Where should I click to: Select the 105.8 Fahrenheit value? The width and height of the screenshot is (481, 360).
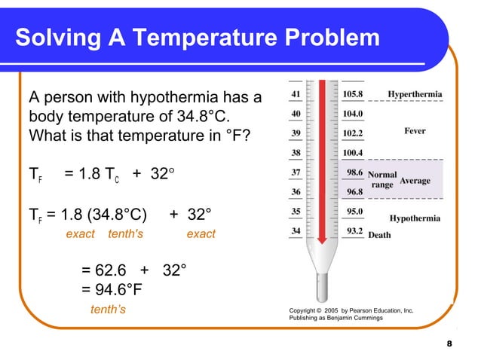pyautogui.click(x=352, y=95)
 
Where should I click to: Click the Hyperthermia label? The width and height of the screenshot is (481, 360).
pyautogui.click(x=415, y=95)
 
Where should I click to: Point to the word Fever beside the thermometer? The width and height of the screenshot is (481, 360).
pyautogui.click(x=415, y=130)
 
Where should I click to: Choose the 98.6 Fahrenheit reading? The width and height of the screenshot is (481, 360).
pyautogui.click(x=354, y=172)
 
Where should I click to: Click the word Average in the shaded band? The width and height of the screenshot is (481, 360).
pyautogui.click(x=415, y=182)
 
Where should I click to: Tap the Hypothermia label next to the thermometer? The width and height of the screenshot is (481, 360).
pyautogui.click(x=415, y=218)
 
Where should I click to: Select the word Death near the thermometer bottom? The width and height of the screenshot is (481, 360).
pyautogui.click(x=379, y=235)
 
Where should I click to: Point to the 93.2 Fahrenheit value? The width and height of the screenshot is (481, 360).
pyautogui.click(x=354, y=231)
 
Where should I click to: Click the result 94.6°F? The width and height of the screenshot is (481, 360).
pyautogui.click(x=112, y=289)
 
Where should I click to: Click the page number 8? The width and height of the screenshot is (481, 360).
pyautogui.click(x=449, y=344)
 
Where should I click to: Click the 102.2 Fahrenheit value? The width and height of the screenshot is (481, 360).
pyautogui.click(x=352, y=133)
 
